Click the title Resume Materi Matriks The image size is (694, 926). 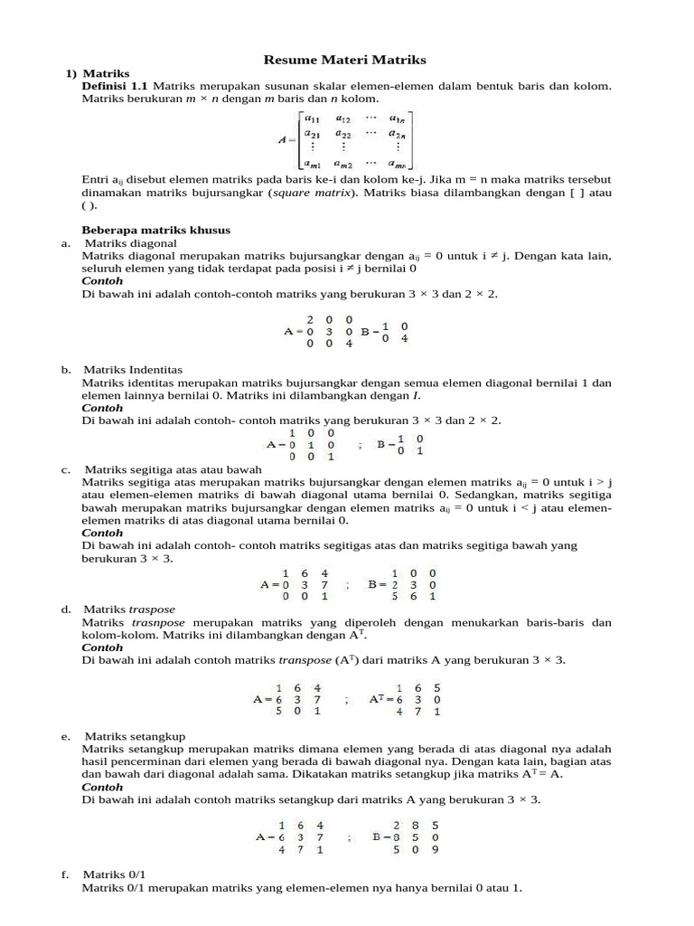click(x=344, y=60)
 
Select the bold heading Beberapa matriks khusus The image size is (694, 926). click(x=156, y=231)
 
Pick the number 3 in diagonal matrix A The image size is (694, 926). click(x=329, y=331)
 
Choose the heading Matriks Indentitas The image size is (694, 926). click(x=133, y=370)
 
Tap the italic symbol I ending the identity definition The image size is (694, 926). click(x=416, y=395)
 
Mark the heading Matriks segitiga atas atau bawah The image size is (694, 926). click(x=173, y=469)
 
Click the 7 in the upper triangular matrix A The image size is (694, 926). click(x=324, y=584)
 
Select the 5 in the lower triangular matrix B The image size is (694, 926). click(x=395, y=596)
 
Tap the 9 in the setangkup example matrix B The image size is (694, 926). click(x=435, y=849)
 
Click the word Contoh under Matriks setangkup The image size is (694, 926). click(x=102, y=787)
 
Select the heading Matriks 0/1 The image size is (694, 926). click(x=108, y=875)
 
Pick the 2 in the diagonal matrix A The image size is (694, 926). click(x=310, y=319)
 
